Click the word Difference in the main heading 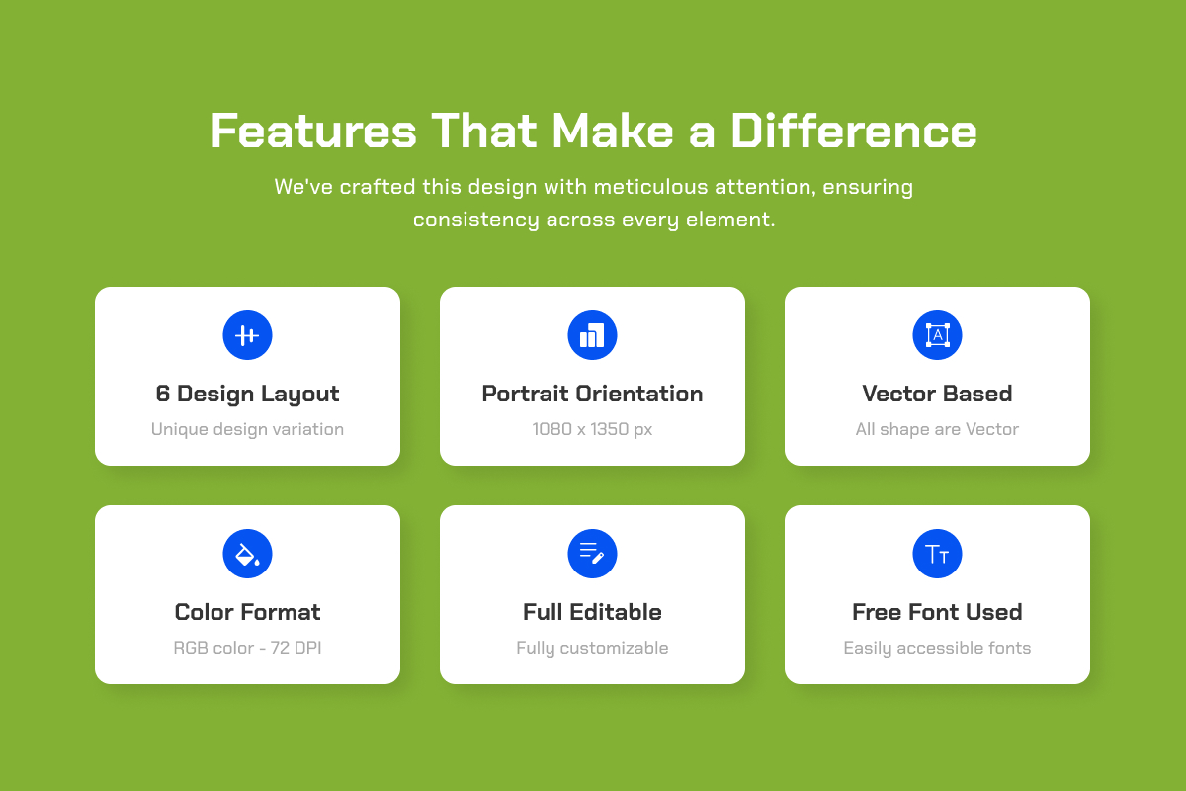pyautogui.click(x=854, y=131)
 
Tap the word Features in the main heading pyautogui.click(x=313, y=131)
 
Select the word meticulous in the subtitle pyautogui.click(x=650, y=187)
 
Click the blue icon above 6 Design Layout pyautogui.click(x=247, y=335)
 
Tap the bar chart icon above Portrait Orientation pyautogui.click(x=592, y=335)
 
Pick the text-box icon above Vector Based pyautogui.click(x=937, y=335)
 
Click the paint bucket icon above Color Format pyautogui.click(x=247, y=554)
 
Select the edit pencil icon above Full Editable pyautogui.click(x=592, y=554)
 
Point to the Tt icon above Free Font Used pyautogui.click(x=937, y=554)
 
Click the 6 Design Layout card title pyautogui.click(x=247, y=395)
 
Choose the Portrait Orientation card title pyautogui.click(x=592, y=394)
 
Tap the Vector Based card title pyautogui.click(x=937, y=394)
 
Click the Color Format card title pyautogui.click(x=247, y=612)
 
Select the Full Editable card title pyautogui.click(x=592, y=612)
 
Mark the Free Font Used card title pyautogui.click(x=937, y=612)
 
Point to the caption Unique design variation pyautogui.click(x=247, y=429)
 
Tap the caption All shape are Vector pyautogui.click(x=937, y=429)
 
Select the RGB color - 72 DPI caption pyautogui.click(x=247, y=648)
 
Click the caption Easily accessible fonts pyautogui.click(x=937, y=648)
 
